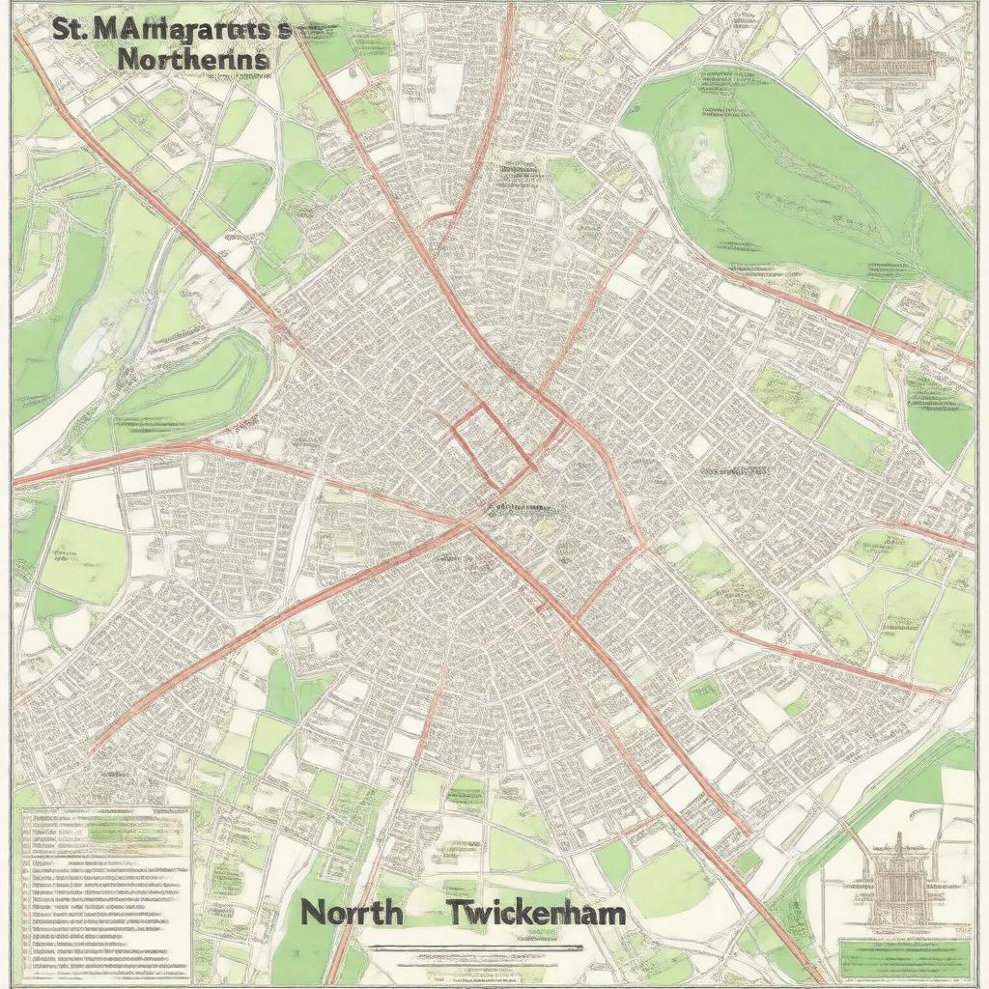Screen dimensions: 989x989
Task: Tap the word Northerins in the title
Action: pyautogui.click(x=193, y=58)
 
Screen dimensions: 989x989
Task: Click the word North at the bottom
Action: pyautogui.click(x=350, y=912)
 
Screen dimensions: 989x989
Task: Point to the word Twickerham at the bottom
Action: pyautogui.click(x=536, y=912)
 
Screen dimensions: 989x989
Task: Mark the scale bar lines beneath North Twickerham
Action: pyautogui.click(x=464, y=950)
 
